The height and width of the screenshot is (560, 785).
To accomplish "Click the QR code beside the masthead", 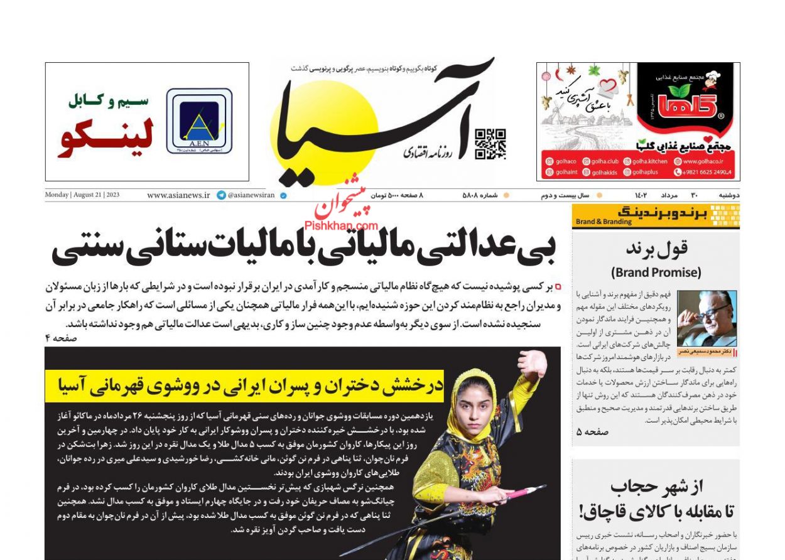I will click(x=490, y=144).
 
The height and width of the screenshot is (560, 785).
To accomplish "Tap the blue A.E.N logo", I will click(x=199, y=121).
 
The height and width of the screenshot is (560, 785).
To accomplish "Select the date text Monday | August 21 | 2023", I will click(x=82, y=195).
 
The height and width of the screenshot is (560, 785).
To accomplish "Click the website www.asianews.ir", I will click(x=178, y=195).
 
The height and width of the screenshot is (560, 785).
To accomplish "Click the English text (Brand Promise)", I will click(x=656, y=272).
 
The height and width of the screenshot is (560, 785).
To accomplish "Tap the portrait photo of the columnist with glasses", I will click(x=706, y=318).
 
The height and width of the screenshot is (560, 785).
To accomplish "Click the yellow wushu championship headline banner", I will click(x=244, y=385).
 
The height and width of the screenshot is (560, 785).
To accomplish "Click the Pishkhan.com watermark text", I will click(x=341, y=225).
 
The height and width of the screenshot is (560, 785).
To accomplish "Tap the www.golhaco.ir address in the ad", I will click(x=703, y=161).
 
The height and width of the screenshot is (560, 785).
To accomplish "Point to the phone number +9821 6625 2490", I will click(x=706, y=172).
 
